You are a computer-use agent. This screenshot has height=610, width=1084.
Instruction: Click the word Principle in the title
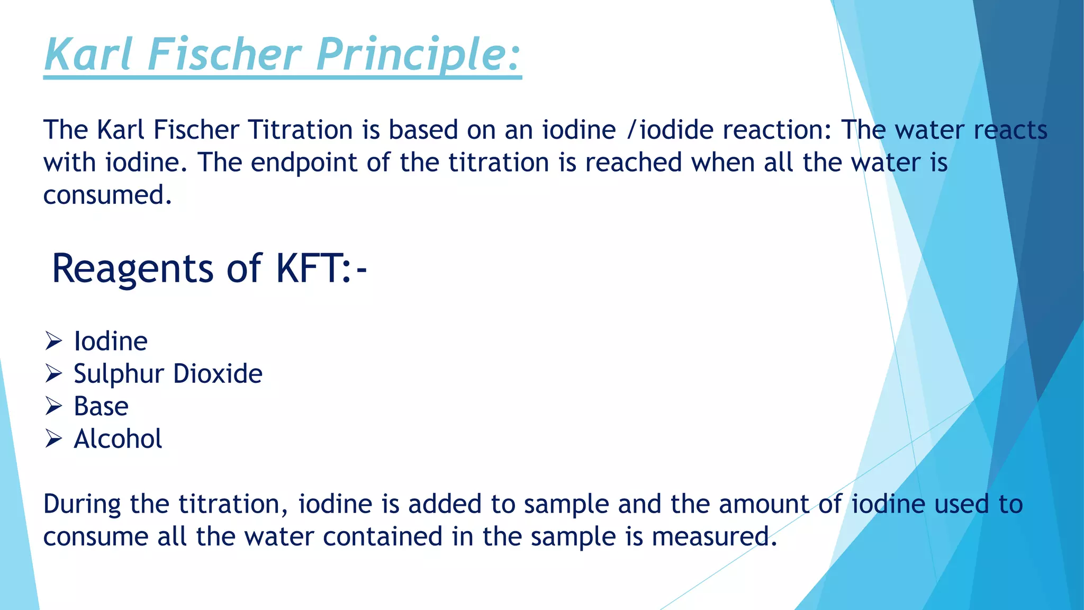418,55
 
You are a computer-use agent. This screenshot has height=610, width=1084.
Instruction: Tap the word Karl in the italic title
88,54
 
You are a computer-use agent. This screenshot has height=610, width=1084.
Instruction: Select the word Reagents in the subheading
132,269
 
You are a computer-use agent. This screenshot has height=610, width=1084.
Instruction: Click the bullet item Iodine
111,341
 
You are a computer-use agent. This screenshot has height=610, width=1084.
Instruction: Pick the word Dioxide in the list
218,374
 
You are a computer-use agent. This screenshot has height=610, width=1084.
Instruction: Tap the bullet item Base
101,407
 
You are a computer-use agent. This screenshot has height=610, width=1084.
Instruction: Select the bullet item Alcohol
118,439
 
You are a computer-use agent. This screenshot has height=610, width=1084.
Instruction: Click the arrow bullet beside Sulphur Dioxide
54,374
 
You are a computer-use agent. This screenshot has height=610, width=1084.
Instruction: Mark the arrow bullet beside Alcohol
54,439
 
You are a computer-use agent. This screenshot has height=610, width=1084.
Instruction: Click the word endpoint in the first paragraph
304,163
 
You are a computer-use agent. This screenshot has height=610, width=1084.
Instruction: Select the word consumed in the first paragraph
107,195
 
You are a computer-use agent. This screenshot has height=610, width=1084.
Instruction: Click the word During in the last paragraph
82,504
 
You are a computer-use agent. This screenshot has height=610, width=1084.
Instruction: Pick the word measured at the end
714,537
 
